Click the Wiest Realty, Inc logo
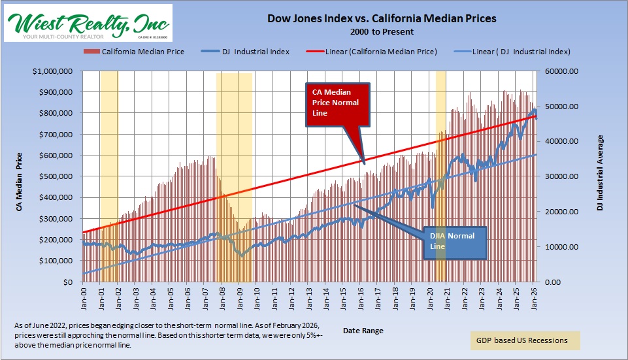click(88, 23)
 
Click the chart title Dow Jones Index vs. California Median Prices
click(382, 18)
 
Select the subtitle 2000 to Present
click(382, 31)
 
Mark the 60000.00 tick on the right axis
click(559, 71)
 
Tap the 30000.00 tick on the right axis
click(559, 176)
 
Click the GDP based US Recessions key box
click(525, 340)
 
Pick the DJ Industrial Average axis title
click(601, 173)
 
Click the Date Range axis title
click(363, 331)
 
